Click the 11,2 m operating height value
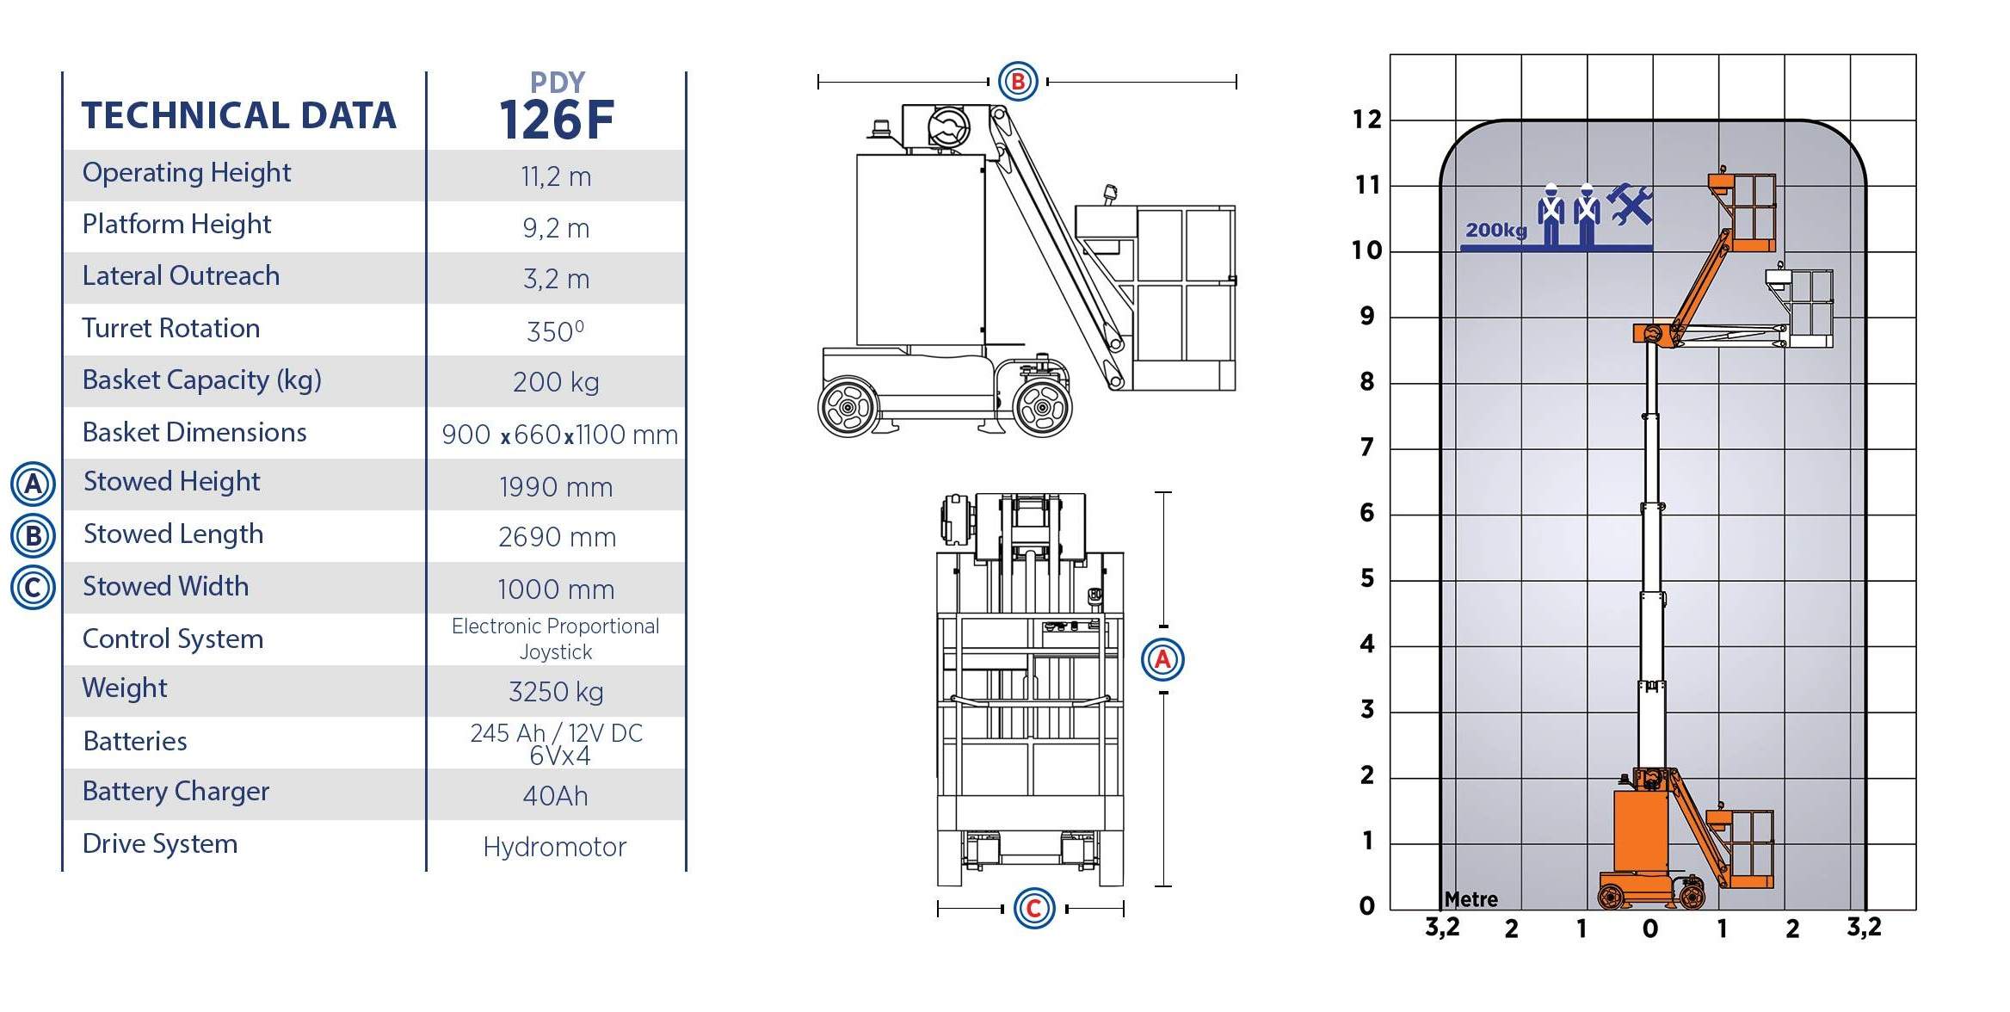click(x=556, y=176)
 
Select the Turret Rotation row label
click(x=171, y=328)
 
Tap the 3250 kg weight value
click(x=556, y=691)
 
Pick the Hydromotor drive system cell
click(x=555, y=847)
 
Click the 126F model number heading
click(x=557, y=120)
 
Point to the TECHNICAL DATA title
click(x=239, y=115)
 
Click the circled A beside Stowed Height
click(x=33, y=484)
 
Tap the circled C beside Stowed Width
click(x=33, y=588)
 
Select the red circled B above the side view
click(x=1018, y=82)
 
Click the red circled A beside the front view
click(x=1162, y=660)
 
